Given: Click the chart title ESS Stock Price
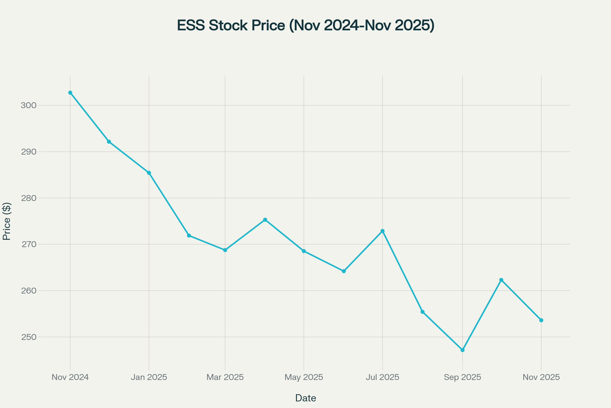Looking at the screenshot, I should pos(305,25).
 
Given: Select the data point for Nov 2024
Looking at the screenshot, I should pos(70,93).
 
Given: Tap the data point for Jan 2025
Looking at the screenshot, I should pos(149,173).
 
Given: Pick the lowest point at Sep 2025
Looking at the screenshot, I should pos(462,350).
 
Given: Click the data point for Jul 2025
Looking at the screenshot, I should pos(382,231).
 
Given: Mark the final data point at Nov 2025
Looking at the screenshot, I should pos(541,320).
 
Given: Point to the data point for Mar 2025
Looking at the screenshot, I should pos(225,250).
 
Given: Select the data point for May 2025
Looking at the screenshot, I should pos(304,251).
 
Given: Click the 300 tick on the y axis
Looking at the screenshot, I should pos(29,105).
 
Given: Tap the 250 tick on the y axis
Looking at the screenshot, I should pos(29,337).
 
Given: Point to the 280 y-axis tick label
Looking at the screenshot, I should pos(29,198).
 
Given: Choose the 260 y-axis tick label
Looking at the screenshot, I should pos(29,291).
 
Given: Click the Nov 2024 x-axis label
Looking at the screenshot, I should pos(70,377).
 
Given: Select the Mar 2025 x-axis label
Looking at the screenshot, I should pos(225,377).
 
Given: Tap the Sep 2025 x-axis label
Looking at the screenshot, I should pos(462,377).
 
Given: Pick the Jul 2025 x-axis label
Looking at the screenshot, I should pos(382,377).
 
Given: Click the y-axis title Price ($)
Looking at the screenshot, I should pos(7,221).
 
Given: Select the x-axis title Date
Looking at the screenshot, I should pos(305,398).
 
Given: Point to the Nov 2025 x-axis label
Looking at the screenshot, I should pos(541,377).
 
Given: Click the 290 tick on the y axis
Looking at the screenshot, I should pos(29,152).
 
